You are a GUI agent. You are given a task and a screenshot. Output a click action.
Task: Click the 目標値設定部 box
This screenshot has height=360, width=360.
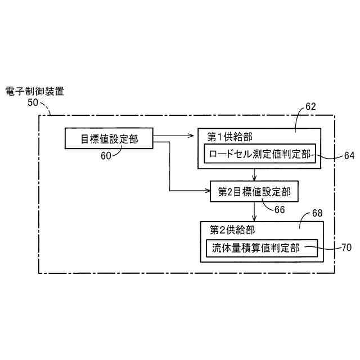pos(109,139)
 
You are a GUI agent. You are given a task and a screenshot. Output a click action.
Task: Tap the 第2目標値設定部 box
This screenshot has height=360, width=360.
pos(254,192)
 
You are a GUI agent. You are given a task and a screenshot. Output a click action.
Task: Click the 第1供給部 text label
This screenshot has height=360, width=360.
pos(229,137)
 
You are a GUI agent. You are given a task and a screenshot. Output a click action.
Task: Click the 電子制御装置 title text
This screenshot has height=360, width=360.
pos(34,91)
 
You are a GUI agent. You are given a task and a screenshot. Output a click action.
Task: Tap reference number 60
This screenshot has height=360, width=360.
pos(106,156)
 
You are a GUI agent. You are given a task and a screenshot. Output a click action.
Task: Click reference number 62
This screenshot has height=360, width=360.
pos(310,106)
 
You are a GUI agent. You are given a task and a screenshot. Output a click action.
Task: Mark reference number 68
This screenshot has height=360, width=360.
pos(317,214)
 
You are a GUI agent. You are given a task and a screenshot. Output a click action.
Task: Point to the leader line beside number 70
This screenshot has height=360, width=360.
pos(329,247)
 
